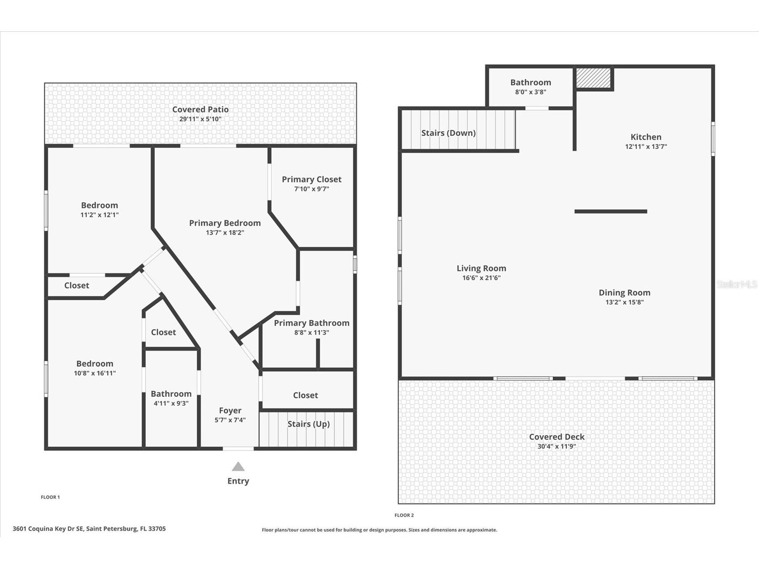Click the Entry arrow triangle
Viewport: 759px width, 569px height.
coord(238,467)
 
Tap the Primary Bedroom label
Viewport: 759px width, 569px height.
coord(225,223)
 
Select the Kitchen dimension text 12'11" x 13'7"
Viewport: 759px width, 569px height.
coord(645,146)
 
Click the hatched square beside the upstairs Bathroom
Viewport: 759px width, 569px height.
coord(593,78)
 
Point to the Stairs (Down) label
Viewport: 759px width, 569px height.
coord(448,133)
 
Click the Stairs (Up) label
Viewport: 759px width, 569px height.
coord(308,424)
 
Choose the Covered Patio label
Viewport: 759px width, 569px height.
coord(200,109)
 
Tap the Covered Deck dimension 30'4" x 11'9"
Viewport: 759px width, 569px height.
coord(556,446)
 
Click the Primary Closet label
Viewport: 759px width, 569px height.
coord(311,179)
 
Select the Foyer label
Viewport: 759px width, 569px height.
coord(230,410)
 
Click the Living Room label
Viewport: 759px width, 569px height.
coord(481,268)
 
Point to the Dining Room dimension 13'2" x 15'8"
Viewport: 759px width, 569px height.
coord(624,302)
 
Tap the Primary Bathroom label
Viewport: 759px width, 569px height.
coord(311,323)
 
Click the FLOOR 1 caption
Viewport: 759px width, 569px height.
coord(50,497)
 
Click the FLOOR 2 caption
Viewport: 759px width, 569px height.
coord(404,515)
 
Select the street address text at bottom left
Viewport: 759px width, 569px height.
coord(89,529)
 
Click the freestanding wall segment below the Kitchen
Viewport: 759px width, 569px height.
coord(611,211)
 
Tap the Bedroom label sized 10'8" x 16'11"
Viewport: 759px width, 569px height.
coord(94,363)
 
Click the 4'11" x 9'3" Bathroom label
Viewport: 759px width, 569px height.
coord(171,394)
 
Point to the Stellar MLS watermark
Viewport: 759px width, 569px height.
coord(737,284)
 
